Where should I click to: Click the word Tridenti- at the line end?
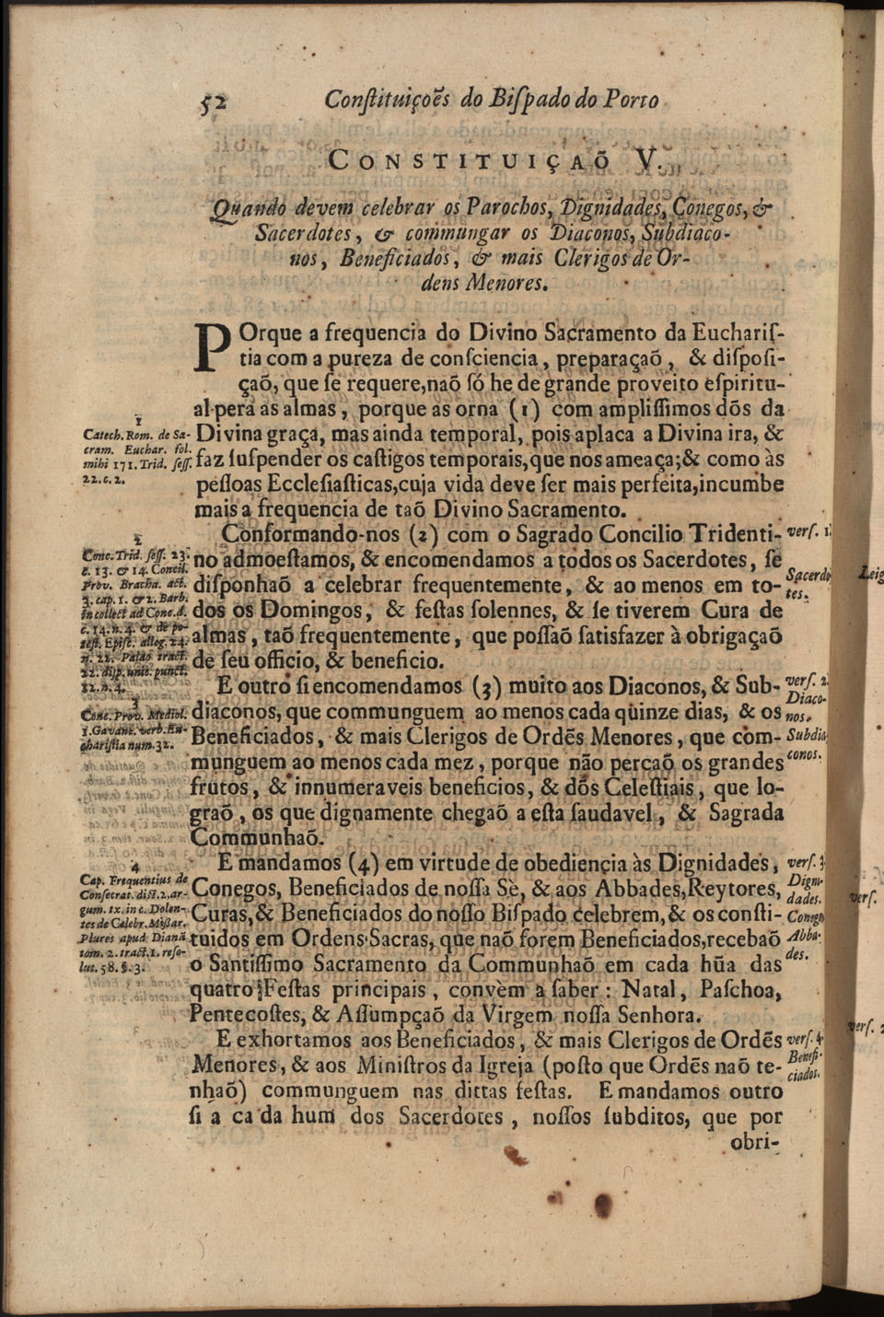(x=734, y=535)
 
